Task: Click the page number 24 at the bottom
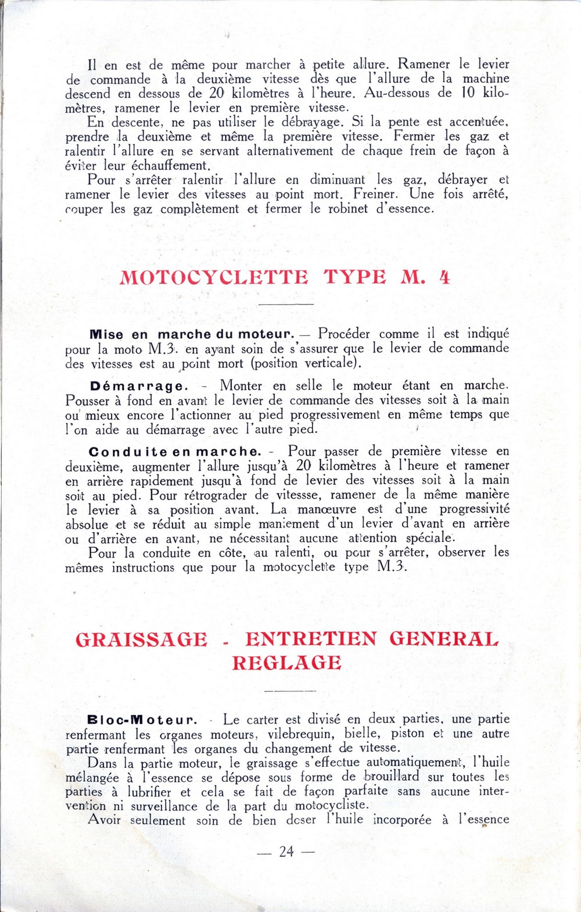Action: (x=286, y=852)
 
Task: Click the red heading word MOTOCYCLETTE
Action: (x=214, y=277)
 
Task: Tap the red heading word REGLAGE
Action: (x=286, y=663)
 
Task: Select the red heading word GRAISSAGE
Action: (x=141, y=639)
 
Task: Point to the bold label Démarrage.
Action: (x=139, y=386)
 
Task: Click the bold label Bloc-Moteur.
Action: (x=142, y=720)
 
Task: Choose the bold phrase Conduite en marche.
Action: (x=175, y=452)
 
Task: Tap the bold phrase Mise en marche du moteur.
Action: (x=192, y=335)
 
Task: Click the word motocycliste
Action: (x=331, y=806)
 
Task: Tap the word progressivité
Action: (x=474, y=509)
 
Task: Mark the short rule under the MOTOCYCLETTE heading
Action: (x=286, y=304)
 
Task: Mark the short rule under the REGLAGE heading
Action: (x=289, y=691)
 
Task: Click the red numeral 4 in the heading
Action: (x=444, y=277)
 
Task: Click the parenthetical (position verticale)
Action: (x=306, y=364)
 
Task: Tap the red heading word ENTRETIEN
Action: (x=310, y=639)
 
